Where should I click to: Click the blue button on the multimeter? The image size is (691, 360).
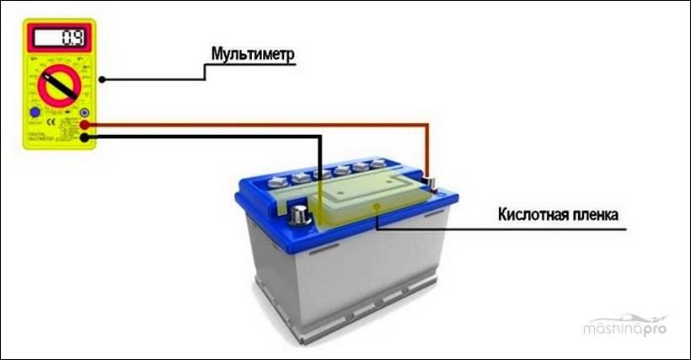click(x=35, y=112)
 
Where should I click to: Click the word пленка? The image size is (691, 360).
click(x=594, y=215)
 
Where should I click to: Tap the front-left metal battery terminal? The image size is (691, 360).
click(x=297, y=215)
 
